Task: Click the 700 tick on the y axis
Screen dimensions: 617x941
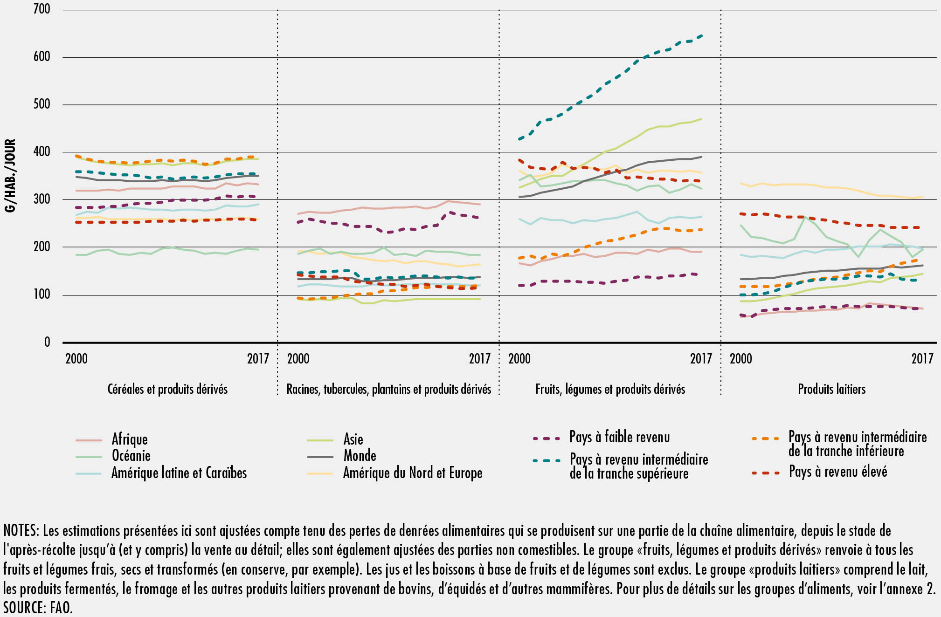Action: [x=42, y=9]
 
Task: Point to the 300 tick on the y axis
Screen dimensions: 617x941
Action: [x=42, y=199]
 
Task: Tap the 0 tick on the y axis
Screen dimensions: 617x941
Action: [x=47, y=343]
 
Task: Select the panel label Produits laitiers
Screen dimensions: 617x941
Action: [x=831, y=389]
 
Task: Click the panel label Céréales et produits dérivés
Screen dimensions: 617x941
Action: [x=167, y=389]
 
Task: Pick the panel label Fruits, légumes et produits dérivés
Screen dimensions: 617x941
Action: [x=610, y=389]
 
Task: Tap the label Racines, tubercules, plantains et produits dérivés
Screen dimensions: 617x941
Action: [x=388, y=389]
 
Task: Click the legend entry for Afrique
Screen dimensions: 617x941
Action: [x=129, y=439]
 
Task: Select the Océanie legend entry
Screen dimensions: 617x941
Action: [x=131, y=456]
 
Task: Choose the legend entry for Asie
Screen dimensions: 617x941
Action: [x=353, y=439]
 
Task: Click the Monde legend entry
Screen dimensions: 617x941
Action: [x=360, y=456]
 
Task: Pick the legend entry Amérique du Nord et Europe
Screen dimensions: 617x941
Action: [x=413, y=473]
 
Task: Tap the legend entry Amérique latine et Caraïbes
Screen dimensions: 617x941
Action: [x=179, y=473]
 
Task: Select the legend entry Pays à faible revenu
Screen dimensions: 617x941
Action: [x=619, y=437]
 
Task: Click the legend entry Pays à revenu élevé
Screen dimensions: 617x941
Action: [x=837, y=472]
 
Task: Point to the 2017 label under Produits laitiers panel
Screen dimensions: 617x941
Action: [x=922, y=358]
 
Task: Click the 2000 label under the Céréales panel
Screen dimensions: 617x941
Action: [x=76, y=358]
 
